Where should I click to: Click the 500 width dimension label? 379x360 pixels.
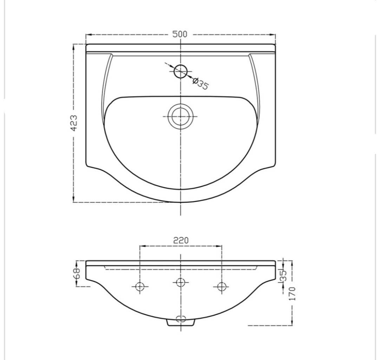coord(180,34)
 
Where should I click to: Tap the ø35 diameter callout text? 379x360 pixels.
coord(200,83)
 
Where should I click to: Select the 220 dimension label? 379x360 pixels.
coord(181,240)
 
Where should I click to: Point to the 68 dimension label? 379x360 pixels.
coord(77,273)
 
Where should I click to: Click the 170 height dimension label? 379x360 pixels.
coord(293,294)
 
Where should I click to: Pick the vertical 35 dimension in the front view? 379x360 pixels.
coord(283,275)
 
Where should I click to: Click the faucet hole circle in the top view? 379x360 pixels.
coord(181,71)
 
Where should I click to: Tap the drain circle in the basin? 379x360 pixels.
coord(180,116)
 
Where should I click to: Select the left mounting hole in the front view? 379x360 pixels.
coord(140,287)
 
